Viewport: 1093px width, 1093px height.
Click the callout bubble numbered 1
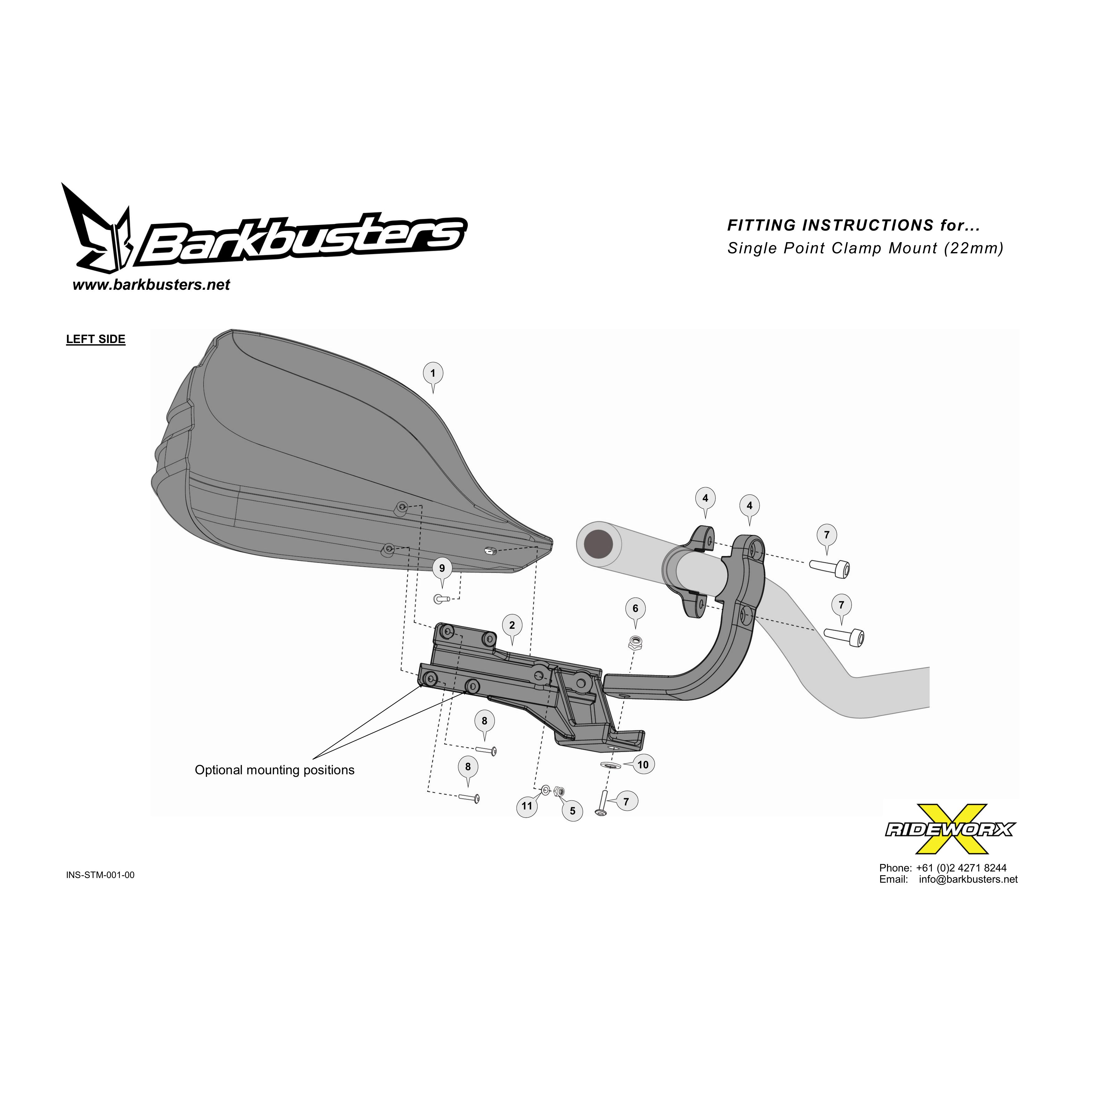pyautogui.click(x=433, y=373)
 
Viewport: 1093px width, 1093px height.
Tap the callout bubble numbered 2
pyautogui.click(x=512, y=625)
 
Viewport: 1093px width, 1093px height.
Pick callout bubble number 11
pyautogui.click(x=527, y=806)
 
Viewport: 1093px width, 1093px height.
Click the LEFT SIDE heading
pyautogui.click(x=96, y=339)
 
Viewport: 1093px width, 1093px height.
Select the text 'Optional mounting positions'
pyautogui.click(x=274, y=770)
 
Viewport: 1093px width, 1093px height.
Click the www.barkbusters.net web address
pyautogui.click(x=151, y=284)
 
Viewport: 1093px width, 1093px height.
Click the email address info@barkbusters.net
pyautogui.click(x=968, y=879)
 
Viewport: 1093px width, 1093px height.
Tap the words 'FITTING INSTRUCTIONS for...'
pyautogui.click(x=853, y=225)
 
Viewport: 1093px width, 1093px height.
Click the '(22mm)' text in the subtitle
pyautogui.click(x=974, y=248)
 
